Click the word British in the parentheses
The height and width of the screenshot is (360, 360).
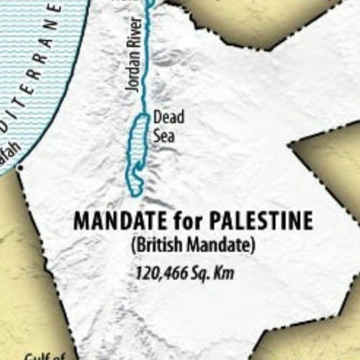(x=155, y=246)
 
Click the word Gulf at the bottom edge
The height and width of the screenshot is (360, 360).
(x=36, y=355)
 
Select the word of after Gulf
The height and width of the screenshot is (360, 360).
(x=58, y=355)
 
